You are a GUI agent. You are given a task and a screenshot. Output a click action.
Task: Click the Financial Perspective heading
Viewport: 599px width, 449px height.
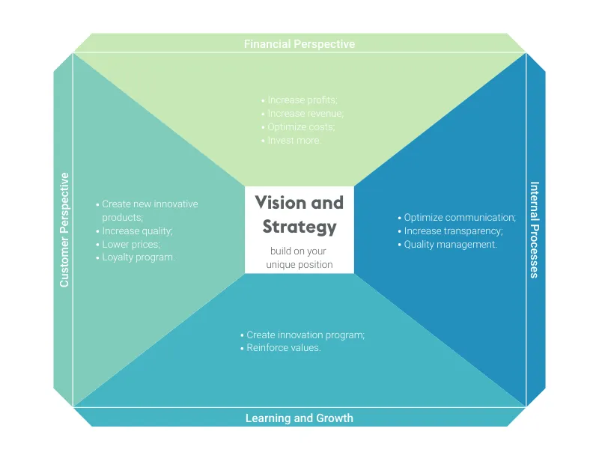coord(299,44)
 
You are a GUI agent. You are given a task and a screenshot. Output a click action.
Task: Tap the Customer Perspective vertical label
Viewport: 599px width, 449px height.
coord(64,230)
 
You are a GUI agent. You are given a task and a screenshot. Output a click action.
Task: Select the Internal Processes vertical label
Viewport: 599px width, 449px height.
coord(534,230)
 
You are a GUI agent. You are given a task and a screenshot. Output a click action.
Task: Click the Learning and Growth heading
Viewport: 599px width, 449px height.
coord(299,418)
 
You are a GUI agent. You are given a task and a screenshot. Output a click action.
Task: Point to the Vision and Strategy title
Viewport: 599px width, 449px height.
coord(299,214)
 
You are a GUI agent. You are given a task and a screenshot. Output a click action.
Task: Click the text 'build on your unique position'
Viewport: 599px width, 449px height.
coord(299,257)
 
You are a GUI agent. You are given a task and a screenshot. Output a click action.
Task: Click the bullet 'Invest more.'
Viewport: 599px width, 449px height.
coord(294,141)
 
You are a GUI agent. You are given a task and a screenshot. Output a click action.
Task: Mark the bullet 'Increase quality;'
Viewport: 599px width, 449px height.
coord(137,231)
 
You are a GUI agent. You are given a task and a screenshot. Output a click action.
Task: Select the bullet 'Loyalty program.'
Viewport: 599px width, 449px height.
coord(138,257)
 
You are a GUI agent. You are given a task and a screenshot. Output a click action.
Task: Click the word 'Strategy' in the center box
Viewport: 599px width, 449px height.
coord(299,226)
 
